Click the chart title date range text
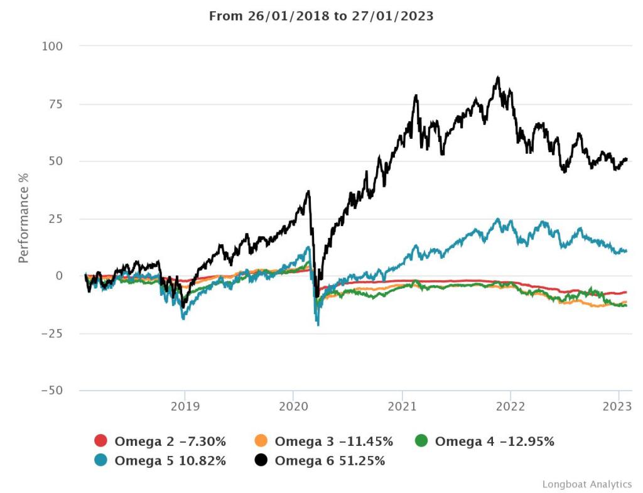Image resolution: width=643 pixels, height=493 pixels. [321, 16]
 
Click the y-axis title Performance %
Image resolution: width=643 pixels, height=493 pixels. [23, 217]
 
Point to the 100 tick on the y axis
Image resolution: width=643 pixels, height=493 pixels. [52, 46]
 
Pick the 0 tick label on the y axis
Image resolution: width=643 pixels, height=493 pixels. [59, 276]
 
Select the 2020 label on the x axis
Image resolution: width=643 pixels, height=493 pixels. [293, 406]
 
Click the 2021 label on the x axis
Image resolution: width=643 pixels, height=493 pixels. [402, 406]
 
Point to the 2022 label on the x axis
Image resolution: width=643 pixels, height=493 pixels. [511, 406]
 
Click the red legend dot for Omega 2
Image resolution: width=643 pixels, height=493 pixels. [101, 442]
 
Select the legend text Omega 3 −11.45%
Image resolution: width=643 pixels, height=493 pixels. [333, 442]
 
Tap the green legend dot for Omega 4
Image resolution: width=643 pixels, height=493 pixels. [421, 442]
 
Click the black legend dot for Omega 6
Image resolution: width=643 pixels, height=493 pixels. [261, 461]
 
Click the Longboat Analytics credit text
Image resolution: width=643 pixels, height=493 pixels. [586, 484]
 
